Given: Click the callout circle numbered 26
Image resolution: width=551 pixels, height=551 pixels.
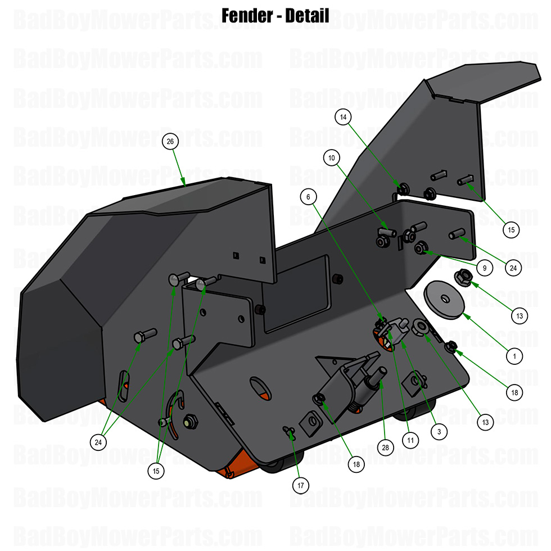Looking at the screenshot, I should pos(170,142).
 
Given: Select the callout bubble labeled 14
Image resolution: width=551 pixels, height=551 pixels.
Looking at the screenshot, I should pos(344,117).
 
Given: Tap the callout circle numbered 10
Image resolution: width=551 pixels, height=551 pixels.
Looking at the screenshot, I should pos(332,159).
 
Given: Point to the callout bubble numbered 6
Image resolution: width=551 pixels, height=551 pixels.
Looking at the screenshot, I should pos(308,197).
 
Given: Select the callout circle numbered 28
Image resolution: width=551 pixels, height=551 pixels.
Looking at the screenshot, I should pos(385,448).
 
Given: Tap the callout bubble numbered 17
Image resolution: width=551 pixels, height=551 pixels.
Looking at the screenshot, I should pos(301,484).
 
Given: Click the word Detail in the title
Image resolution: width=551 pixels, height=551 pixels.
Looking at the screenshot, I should pos(307,15).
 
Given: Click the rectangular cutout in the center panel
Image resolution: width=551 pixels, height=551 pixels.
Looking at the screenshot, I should pos(297,292).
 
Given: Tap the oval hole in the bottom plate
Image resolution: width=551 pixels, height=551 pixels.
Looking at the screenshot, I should pos(260,387).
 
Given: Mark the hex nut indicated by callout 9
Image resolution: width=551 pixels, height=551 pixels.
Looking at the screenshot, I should pos(419,247).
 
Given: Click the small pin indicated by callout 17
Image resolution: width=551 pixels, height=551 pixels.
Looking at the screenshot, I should pos(289,431).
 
